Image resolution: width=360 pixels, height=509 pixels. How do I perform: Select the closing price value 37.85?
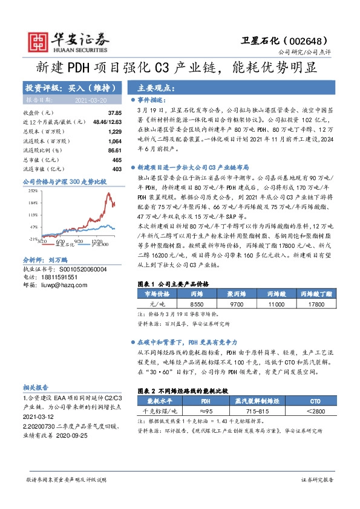(x=114, y=113)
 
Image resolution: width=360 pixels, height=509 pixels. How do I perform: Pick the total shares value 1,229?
(x=114, y=131)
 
